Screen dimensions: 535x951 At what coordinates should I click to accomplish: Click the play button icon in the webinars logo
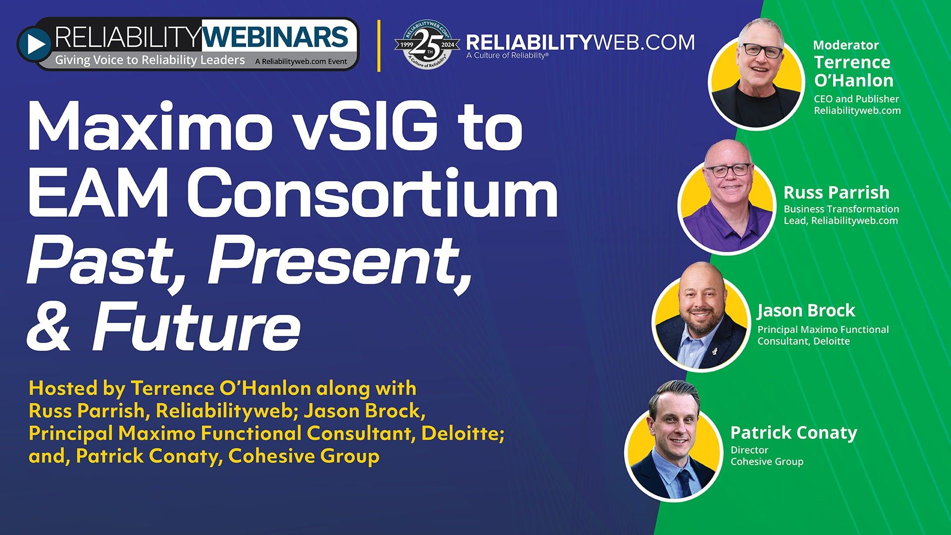click(35, 45)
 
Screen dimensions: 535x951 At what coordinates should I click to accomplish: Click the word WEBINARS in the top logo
click(276, 37)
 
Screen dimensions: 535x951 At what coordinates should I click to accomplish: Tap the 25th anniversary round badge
click(426, 45)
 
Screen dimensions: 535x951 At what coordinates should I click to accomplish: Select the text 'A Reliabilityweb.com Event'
click(301, 62)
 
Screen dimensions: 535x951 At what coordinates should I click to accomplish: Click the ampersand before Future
click(48, 327)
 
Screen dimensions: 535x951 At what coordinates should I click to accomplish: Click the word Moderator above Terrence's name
click(846, 45)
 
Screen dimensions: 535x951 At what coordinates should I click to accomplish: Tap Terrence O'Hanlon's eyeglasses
click(762, 51)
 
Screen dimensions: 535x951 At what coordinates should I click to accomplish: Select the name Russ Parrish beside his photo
click(836, 192)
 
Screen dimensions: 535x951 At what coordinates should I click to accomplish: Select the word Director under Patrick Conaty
click(749, 450)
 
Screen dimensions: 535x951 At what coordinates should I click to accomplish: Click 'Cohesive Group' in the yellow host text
click(304, 456)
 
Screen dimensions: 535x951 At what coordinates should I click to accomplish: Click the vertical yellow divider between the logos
click(379, 46)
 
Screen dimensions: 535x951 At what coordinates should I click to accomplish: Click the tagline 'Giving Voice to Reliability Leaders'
click(150, 60)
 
